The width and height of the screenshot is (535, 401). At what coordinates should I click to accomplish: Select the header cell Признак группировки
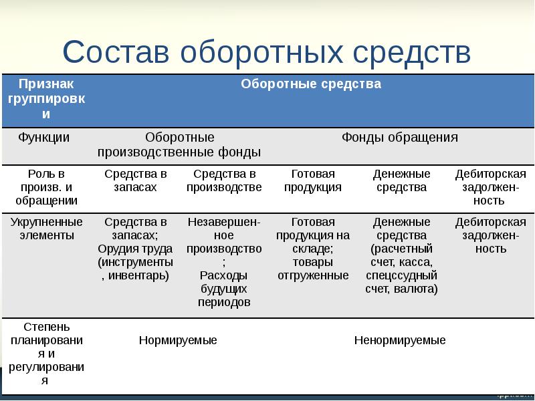(46, 99)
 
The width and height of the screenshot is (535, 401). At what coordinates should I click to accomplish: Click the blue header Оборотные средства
(310, 84)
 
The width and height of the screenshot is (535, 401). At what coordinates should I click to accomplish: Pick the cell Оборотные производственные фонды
(179, 144)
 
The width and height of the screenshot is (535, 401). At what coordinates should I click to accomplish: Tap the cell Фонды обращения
(399, 137)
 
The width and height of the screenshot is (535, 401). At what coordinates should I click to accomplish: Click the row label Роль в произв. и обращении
(46, 187)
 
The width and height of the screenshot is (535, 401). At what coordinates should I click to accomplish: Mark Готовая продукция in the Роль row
(312, 180)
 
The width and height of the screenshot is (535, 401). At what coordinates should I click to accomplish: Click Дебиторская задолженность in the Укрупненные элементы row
(490, 235)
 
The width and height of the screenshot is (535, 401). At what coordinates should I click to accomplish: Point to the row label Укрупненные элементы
(46, 229)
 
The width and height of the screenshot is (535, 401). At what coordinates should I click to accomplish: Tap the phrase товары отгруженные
(312, 269)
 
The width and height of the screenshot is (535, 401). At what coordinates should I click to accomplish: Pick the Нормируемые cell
(178, 340)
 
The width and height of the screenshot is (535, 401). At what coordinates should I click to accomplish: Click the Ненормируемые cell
(399, 340)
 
